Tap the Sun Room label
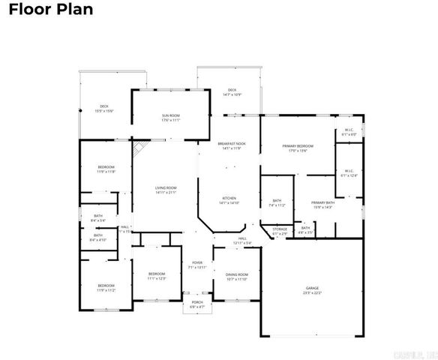point(170,118)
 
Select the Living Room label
point(165,190)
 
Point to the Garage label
point(312,290)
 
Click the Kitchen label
point(229,200)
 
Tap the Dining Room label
point(238,277)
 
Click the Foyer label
point(196,265)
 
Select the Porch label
point(196,304)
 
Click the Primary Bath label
point(323,205)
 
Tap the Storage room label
point(280,232)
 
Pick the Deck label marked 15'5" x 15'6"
point(104,109)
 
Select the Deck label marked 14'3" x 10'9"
point(232,92)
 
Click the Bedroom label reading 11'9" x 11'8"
point(106,169)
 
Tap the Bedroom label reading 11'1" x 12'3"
point(156,275)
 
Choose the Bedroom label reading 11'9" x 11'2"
point(106,287)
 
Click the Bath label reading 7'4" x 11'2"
point(277,202)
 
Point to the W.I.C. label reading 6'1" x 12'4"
point(349,173)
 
